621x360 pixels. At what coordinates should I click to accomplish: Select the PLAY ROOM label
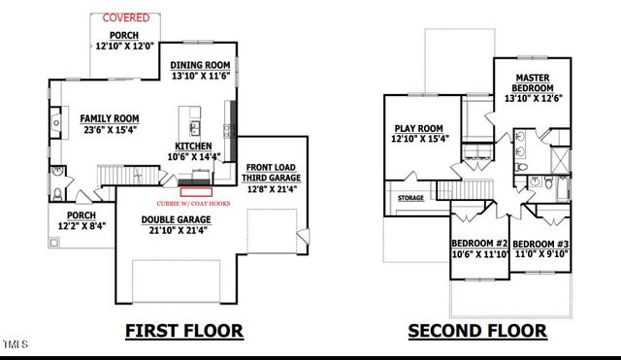tap(418, 128)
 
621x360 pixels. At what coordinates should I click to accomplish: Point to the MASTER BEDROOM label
tap(533, 83)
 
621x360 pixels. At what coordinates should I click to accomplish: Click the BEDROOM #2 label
tap(480, 244)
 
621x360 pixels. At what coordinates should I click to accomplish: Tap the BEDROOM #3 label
tap(542, 244)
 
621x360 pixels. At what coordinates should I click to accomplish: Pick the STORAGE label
tap(410, 199)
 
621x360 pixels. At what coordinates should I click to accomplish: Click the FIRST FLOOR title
tap(183, 332)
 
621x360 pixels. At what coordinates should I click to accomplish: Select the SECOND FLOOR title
tap(476, 332)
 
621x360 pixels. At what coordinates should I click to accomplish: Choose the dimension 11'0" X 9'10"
tap(542, 255)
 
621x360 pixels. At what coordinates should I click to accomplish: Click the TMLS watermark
tap(16, 343)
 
